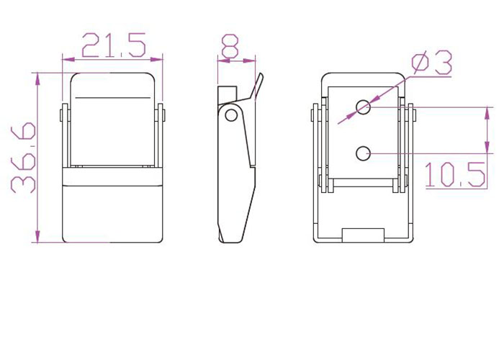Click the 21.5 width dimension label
click(114, 45)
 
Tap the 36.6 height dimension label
click(23, 158)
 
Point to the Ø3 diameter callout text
click(432, 63)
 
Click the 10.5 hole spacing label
click(455, 174)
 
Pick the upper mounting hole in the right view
click(363, 107)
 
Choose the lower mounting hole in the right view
click(363, 153)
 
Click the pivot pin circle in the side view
click(230, 115)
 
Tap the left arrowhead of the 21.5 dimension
click(68, 59)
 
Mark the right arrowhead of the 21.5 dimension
click(156, 59)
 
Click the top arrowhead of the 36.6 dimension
click(37, 79)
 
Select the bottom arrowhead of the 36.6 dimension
click(37, 236)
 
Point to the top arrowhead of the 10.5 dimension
click(487, 113)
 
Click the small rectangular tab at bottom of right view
click(363, 235)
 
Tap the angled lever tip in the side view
click(261, 76)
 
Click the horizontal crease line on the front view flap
click(113, 96)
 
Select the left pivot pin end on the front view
click(60, 115)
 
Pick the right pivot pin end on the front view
click(164, 115)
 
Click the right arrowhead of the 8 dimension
click(249, 60)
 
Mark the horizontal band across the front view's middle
click(112, 176)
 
